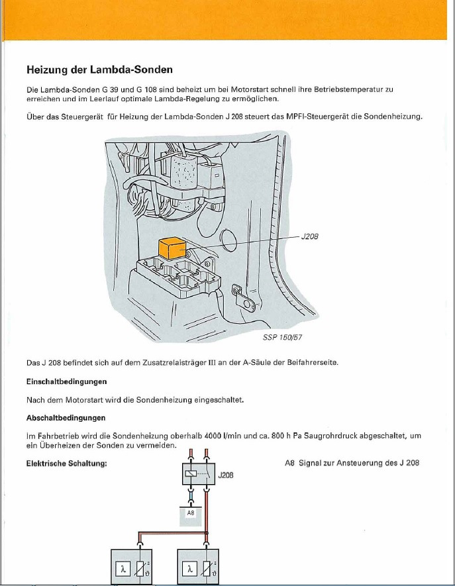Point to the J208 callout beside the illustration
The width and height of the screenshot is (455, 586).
[310, 236]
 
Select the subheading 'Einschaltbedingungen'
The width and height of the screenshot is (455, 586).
[67, 382]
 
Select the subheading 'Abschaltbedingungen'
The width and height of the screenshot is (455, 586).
[66, 418]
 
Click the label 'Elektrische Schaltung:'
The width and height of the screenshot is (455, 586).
[67, 463]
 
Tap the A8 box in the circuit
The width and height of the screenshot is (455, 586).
[190, 513]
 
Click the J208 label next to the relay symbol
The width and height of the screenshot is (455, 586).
[226, 475]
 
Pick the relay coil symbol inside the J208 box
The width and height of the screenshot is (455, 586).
[191, 475]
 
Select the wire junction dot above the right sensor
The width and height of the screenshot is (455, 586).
[208, 532]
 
